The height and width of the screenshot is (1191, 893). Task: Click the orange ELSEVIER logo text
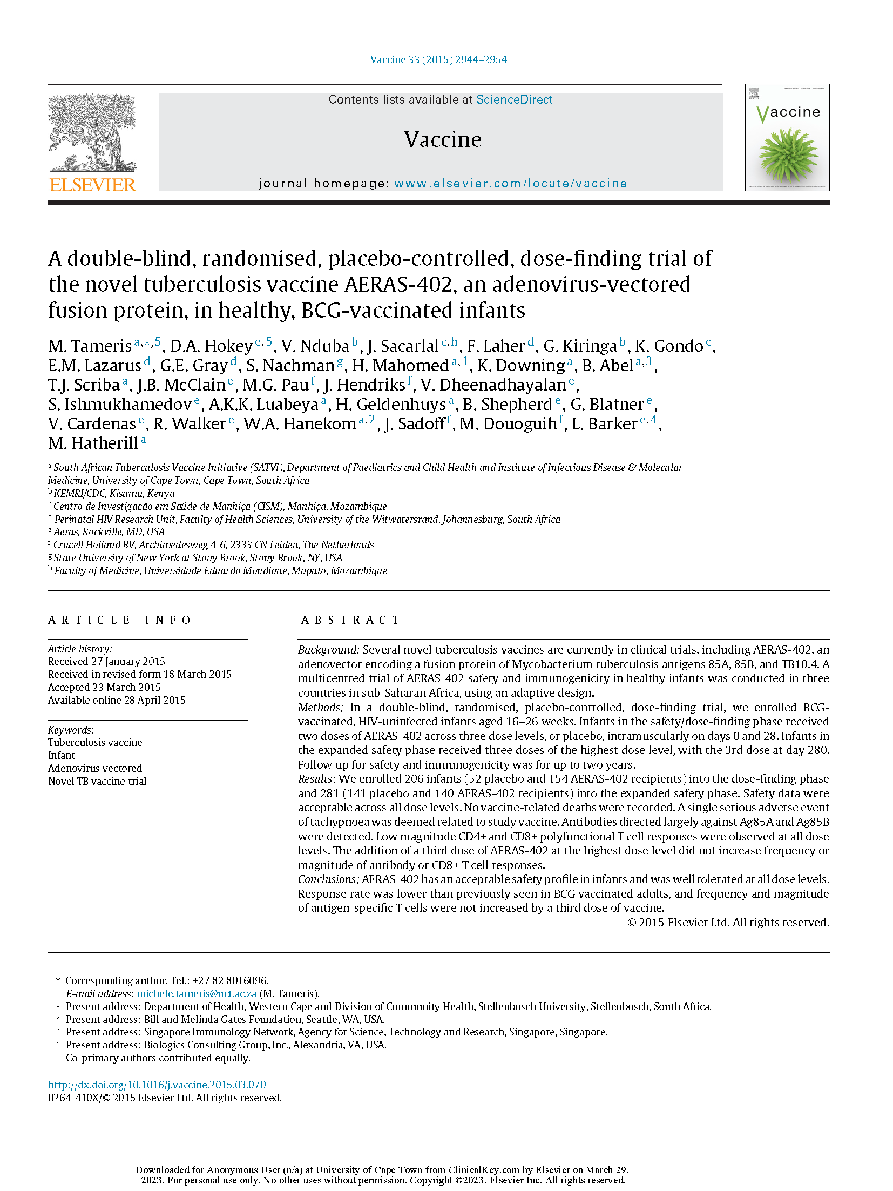(92, 185)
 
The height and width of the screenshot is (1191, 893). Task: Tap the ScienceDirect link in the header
(514, 100)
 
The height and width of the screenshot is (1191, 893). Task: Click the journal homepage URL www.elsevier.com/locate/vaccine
(510, 184)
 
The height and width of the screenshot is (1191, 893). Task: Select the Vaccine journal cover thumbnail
(787, 137)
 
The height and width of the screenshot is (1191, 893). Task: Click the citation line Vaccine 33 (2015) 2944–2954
(438, 60)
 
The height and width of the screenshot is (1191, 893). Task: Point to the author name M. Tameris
(90, 346)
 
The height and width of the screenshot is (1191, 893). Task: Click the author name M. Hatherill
(93, 443)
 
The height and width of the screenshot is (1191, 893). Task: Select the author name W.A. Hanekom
(300, 424)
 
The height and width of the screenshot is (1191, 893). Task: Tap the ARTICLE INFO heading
(119, 620)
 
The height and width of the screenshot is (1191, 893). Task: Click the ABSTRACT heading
(350, 620)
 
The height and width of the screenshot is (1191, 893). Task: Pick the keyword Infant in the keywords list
(62, 756)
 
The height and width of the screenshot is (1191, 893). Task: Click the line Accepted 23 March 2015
(104, 688)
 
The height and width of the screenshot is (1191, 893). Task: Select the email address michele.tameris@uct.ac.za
(197, 994)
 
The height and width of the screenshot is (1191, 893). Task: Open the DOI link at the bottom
(157, 1085)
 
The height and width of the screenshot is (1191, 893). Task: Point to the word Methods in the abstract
(320, 708)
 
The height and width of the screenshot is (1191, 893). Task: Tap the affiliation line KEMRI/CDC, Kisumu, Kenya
(114, 494)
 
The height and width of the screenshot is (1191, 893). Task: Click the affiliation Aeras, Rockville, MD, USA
(109, 532)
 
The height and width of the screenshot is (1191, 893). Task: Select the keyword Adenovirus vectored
(95, 769)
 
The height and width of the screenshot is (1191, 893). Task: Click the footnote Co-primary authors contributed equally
(158, 1058)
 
